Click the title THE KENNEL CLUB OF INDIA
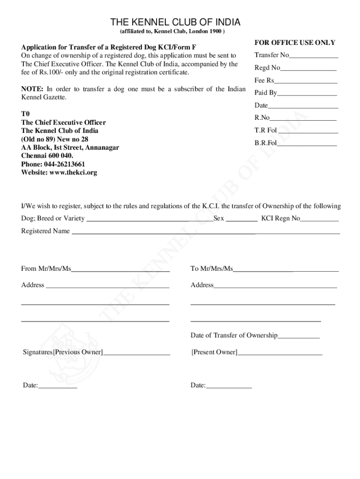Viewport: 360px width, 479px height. point(175,22)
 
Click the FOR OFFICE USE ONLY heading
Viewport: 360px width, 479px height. point(295,43)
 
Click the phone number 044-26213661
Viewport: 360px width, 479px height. point(65,164)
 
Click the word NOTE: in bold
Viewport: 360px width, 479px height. point(32,89)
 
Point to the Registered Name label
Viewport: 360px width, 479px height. point(45,231)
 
